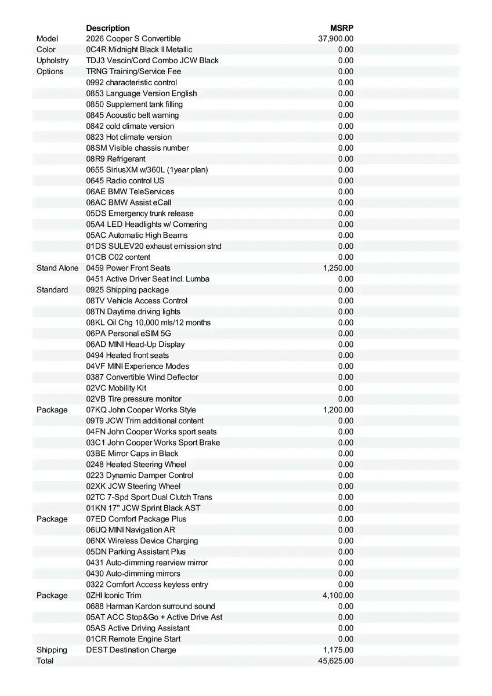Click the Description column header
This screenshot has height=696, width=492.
coord(108,28)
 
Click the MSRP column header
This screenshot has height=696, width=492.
coord(342,28)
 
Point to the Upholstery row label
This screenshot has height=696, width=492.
coord(52,60)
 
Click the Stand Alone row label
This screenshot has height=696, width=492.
coord(57,268)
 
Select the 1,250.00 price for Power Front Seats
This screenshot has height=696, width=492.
coord(338,268)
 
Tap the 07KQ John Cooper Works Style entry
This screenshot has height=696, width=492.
coord(141,410)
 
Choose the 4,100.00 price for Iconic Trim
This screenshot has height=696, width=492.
coord(338,596)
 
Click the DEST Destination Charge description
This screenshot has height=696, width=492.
coord(131,650)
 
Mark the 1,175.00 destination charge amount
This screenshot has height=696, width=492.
coord(338,650)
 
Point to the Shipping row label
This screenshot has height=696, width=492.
coord(52,650)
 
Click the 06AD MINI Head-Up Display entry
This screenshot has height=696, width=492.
coord(135,345)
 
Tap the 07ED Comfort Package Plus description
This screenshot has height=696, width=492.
coord(136,519)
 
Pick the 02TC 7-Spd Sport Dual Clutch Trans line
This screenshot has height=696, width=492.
coord(149,497)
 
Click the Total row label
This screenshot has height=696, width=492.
coord(45,661)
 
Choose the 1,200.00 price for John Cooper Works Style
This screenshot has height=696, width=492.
coord(338,410)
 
